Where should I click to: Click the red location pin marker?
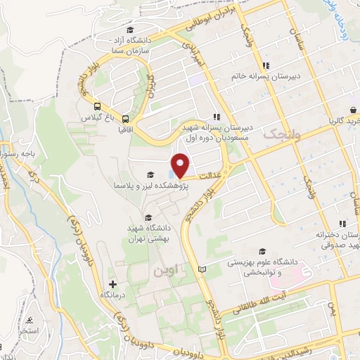pyautogui.click(x=181, y=165)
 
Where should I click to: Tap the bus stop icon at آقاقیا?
pyautogui.click(x=125, y=119)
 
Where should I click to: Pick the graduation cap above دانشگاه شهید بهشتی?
pyautogui.click(x=148, y=217)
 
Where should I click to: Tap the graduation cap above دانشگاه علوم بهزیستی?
pyautogui.click(x=262, y=251)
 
